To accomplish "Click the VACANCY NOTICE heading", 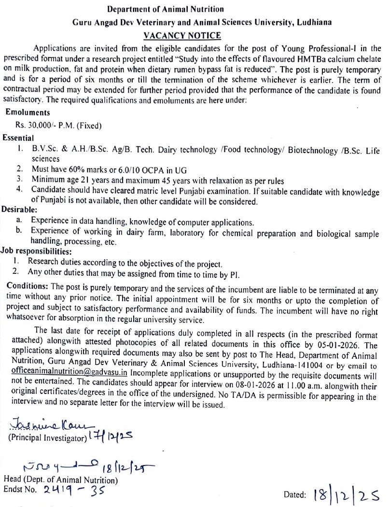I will (x=182, y=36).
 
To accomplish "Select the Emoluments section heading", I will (x=28, y=113).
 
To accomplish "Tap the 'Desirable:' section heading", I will (x=19, y=210).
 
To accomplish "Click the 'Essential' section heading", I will (x=18, y=138).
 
